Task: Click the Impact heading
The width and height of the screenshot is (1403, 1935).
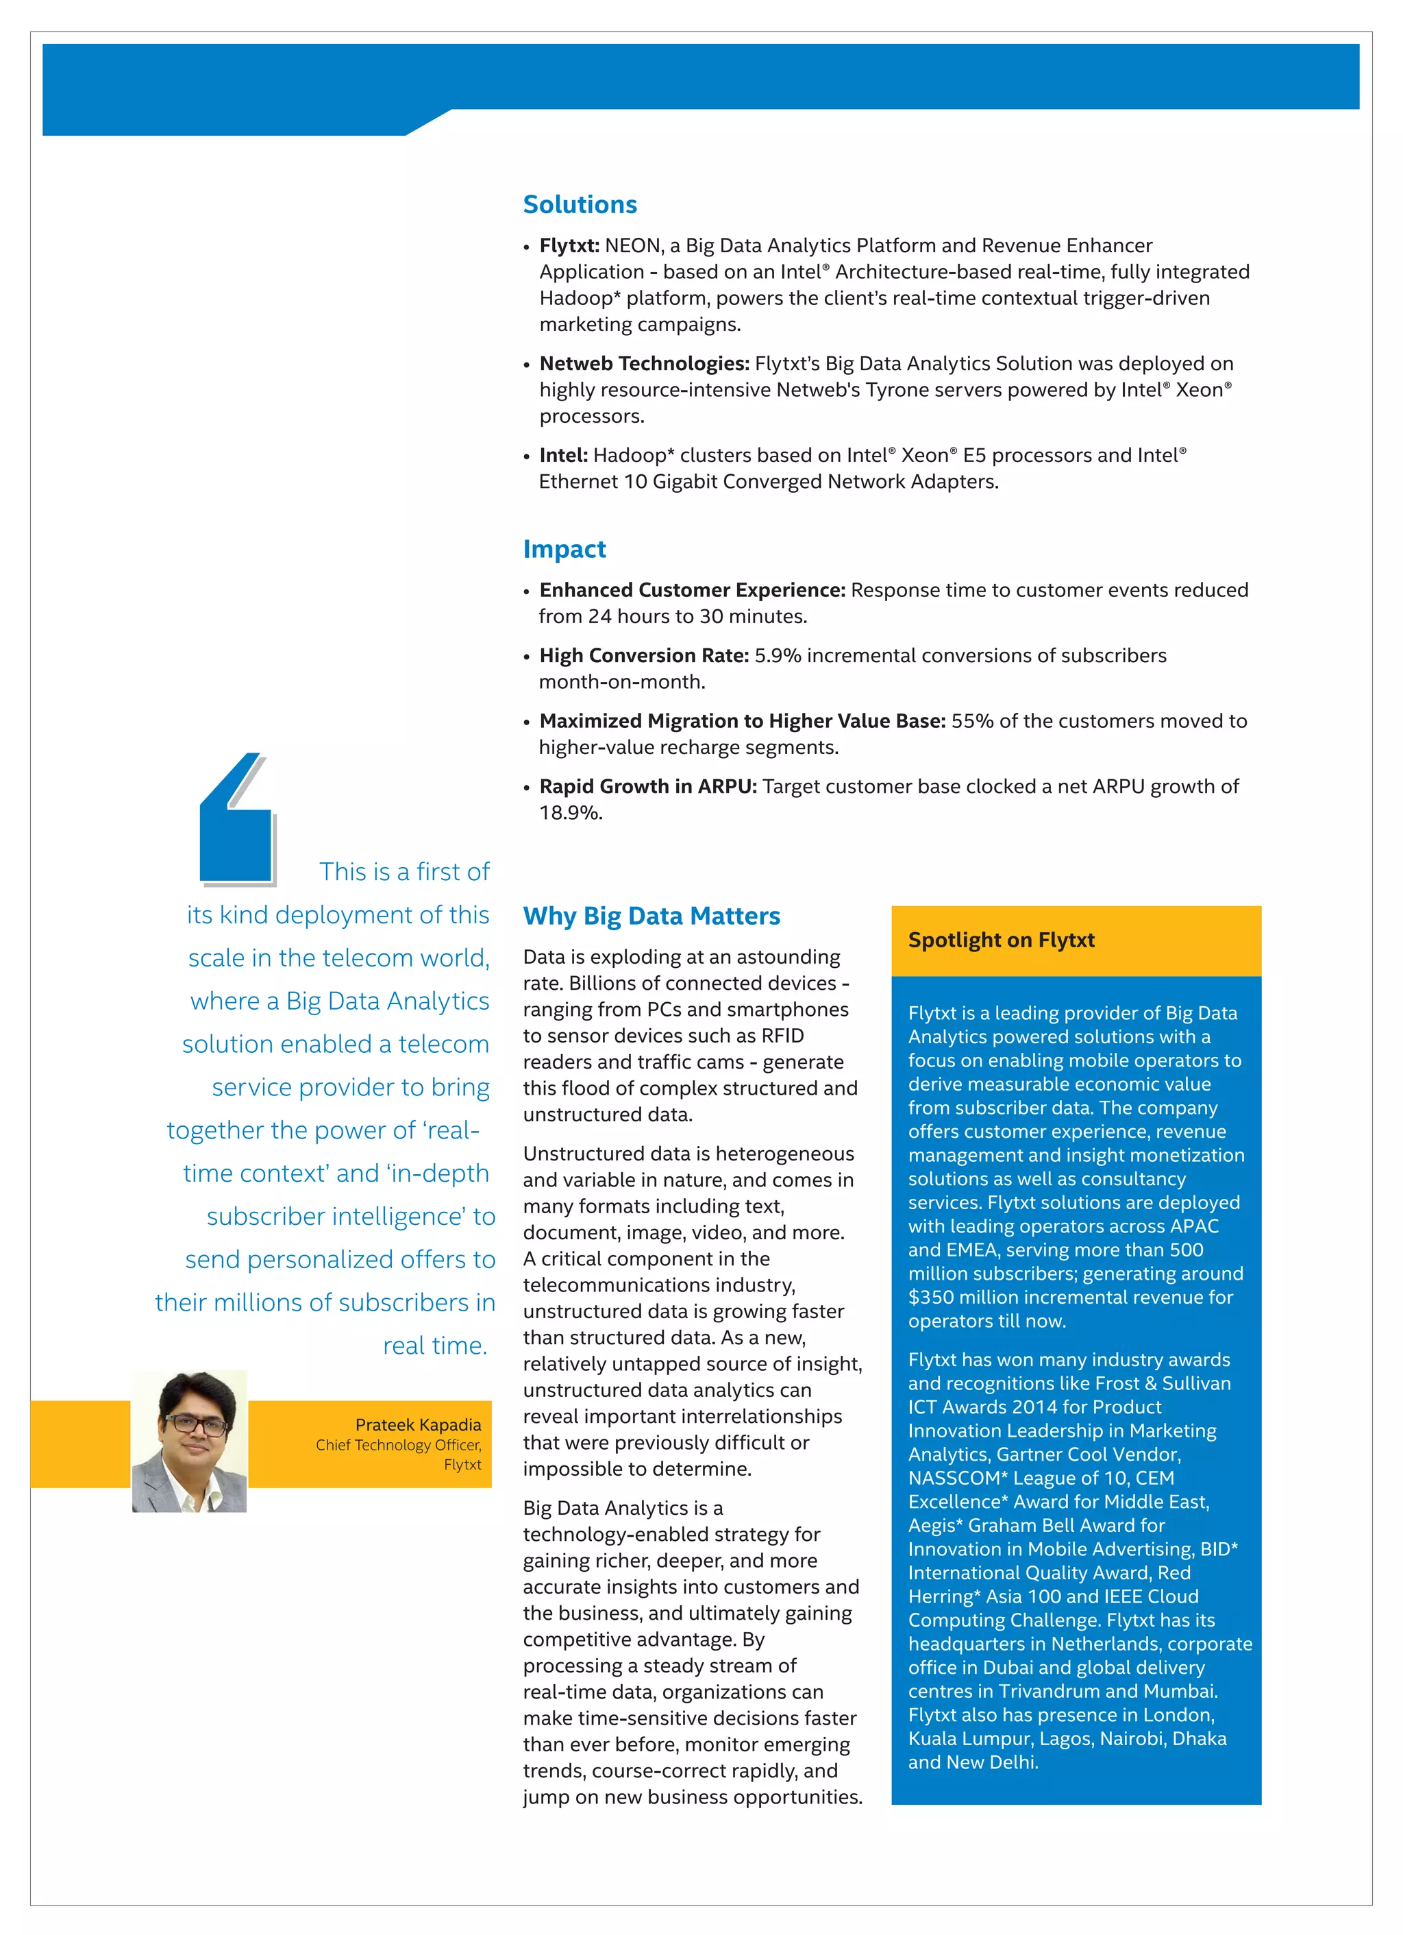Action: coord(564,550)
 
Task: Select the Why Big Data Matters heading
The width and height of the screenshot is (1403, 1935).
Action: coord(651,916)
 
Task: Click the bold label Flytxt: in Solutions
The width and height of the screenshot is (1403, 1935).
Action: coord(569,245)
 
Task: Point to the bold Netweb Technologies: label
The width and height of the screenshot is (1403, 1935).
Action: coord(644,363)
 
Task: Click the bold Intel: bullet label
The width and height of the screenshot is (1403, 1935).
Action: coord(563,456)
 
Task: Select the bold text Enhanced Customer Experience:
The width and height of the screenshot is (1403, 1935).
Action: coord(692,590)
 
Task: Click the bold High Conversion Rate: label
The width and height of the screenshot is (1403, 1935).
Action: coord(644,655)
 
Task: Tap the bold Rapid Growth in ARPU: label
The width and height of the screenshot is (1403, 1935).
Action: coord(647,787)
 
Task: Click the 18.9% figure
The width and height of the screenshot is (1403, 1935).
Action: coord(570,813)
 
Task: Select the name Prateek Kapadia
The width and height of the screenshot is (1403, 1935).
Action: coord(418,1425)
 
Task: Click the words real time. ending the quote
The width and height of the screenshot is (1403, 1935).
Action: coord(435,1346)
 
